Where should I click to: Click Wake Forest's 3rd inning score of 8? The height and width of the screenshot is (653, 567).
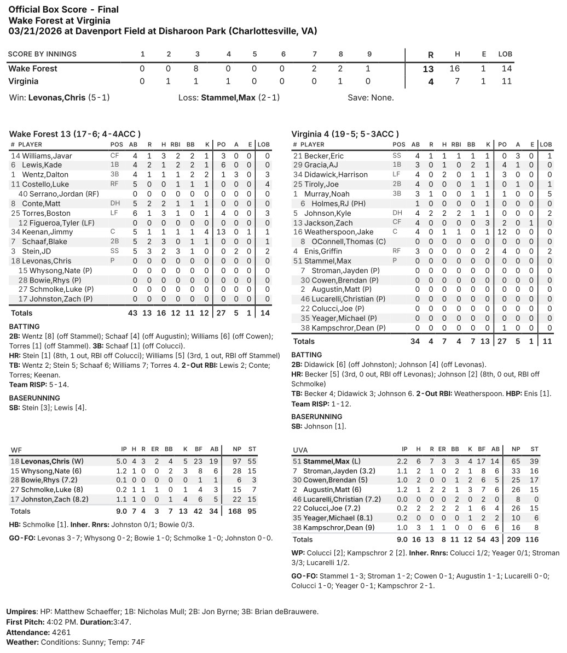pos(197,69)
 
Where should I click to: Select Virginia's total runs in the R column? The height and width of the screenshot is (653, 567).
pos(430,81)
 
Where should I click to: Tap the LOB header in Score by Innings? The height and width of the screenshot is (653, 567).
pos(505,54)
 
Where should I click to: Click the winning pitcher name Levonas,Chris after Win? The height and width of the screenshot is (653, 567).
pos(56,98)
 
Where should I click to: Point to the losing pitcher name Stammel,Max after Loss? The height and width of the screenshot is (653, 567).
pos(228,98)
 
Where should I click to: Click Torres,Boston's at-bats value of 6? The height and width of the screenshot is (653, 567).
pos(134,213)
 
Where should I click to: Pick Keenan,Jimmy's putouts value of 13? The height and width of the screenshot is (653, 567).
pos(221,232)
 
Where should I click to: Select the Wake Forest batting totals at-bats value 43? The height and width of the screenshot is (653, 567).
pos(132,313)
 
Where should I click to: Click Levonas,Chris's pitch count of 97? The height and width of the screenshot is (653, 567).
pos(236,461)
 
